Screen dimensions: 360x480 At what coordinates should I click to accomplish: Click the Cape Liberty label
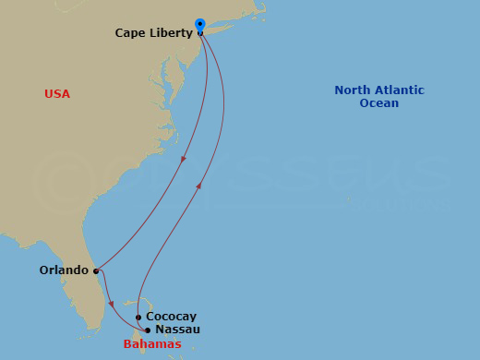[153, 33]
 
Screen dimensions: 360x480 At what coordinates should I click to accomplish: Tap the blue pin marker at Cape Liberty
[200, 24]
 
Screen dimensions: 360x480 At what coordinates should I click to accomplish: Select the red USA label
[57, 94]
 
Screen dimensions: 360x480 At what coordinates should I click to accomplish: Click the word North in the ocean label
[353, 90]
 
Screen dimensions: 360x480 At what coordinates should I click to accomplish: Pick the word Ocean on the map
[378, 103]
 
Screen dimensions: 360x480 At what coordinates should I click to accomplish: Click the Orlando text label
[64, 271]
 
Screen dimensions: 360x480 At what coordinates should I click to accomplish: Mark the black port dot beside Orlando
[96, 271]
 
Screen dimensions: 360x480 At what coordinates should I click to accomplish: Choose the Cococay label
[171, 317]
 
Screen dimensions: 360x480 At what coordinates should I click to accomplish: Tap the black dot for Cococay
[138, 318]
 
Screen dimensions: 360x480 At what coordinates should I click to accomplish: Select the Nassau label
[178, 330]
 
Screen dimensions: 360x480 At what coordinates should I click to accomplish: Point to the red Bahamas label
[152, 344]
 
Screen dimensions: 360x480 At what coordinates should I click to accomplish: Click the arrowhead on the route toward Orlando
[184, 160]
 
